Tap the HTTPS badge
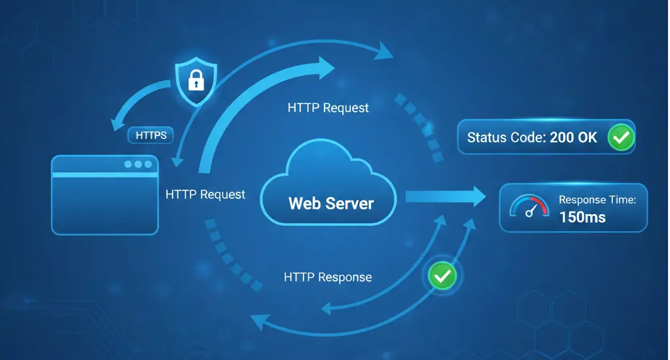pos(151,136)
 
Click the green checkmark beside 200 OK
pos(620,137)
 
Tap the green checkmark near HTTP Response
pos(442,276)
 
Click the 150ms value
pos(582,217)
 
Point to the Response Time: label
pos(597,200)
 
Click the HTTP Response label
pos(328,277)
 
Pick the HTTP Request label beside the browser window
pos(205,194)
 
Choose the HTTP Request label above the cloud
pos(328,107)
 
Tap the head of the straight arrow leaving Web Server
pos(477,195)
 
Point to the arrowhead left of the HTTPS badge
pos(118,124)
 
